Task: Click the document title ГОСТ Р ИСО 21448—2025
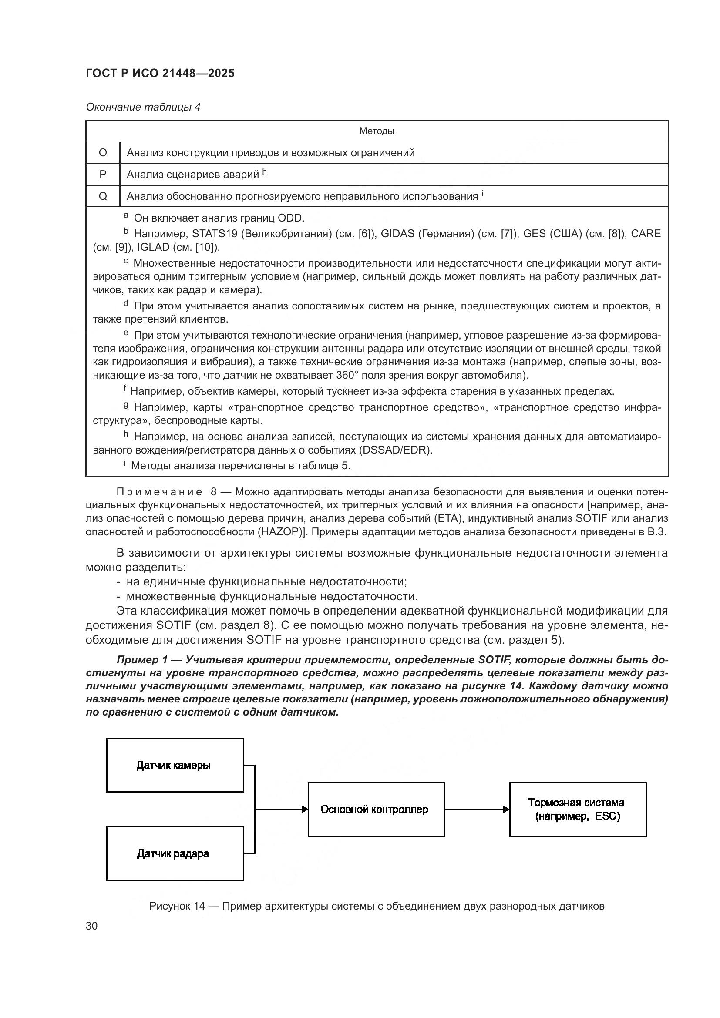tap(160, 73)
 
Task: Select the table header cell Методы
tap(377, 131)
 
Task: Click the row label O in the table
tap(103, 153)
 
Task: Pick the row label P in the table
tap(103, 175)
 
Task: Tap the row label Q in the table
tap(103, 196)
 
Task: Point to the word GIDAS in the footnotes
tap(397, 234)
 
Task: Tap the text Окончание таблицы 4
tap(143, 107)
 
